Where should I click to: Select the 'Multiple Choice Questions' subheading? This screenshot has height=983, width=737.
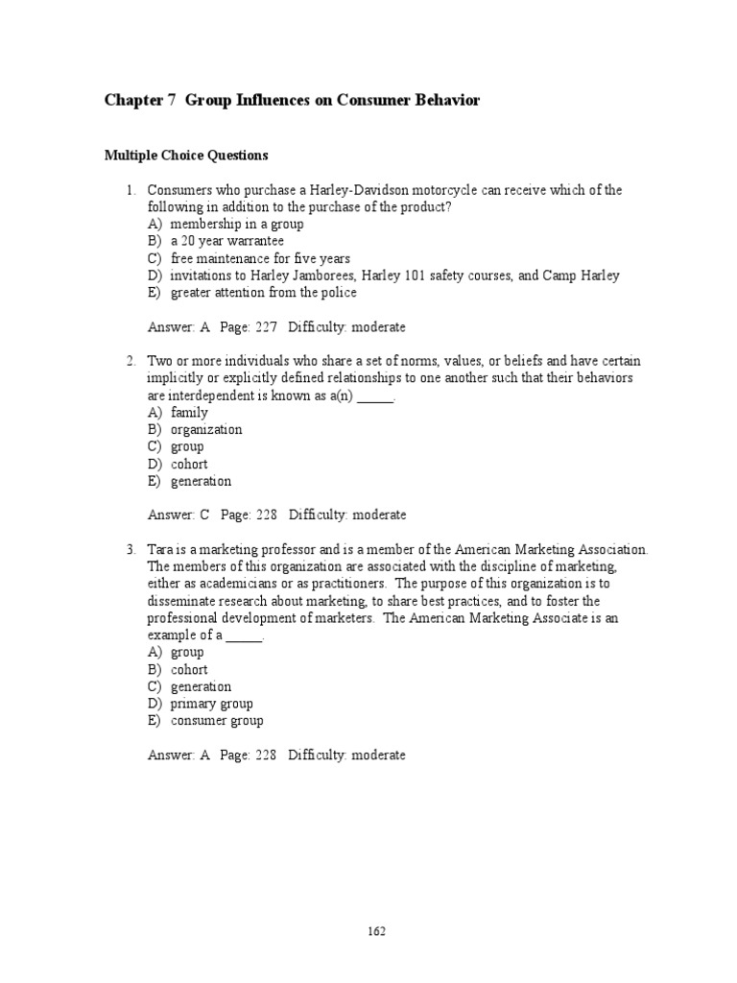pos(186,155)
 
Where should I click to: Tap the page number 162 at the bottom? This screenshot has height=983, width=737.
pos(375,930)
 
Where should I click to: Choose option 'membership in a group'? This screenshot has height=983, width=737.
pos(237,224)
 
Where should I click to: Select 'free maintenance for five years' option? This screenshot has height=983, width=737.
pos(260,258)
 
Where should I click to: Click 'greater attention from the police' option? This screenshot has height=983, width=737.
pos(263,293)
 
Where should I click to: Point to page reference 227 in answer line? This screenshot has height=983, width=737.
pos(266,327)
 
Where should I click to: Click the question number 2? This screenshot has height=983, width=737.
pos(131,361)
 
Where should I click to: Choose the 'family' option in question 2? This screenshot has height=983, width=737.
pos(189,413)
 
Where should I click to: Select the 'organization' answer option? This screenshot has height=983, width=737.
pos(206,430)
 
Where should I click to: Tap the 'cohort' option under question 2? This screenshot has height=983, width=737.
pos(189,465)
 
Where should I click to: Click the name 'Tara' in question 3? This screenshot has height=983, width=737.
pos(159,550)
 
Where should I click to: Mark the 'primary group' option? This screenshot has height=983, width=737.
pos(211,704)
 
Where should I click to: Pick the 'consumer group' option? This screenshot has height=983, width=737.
pos(217,721)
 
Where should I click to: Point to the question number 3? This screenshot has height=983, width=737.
pos(131,550)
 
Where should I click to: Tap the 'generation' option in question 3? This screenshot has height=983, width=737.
pos(201,687)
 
